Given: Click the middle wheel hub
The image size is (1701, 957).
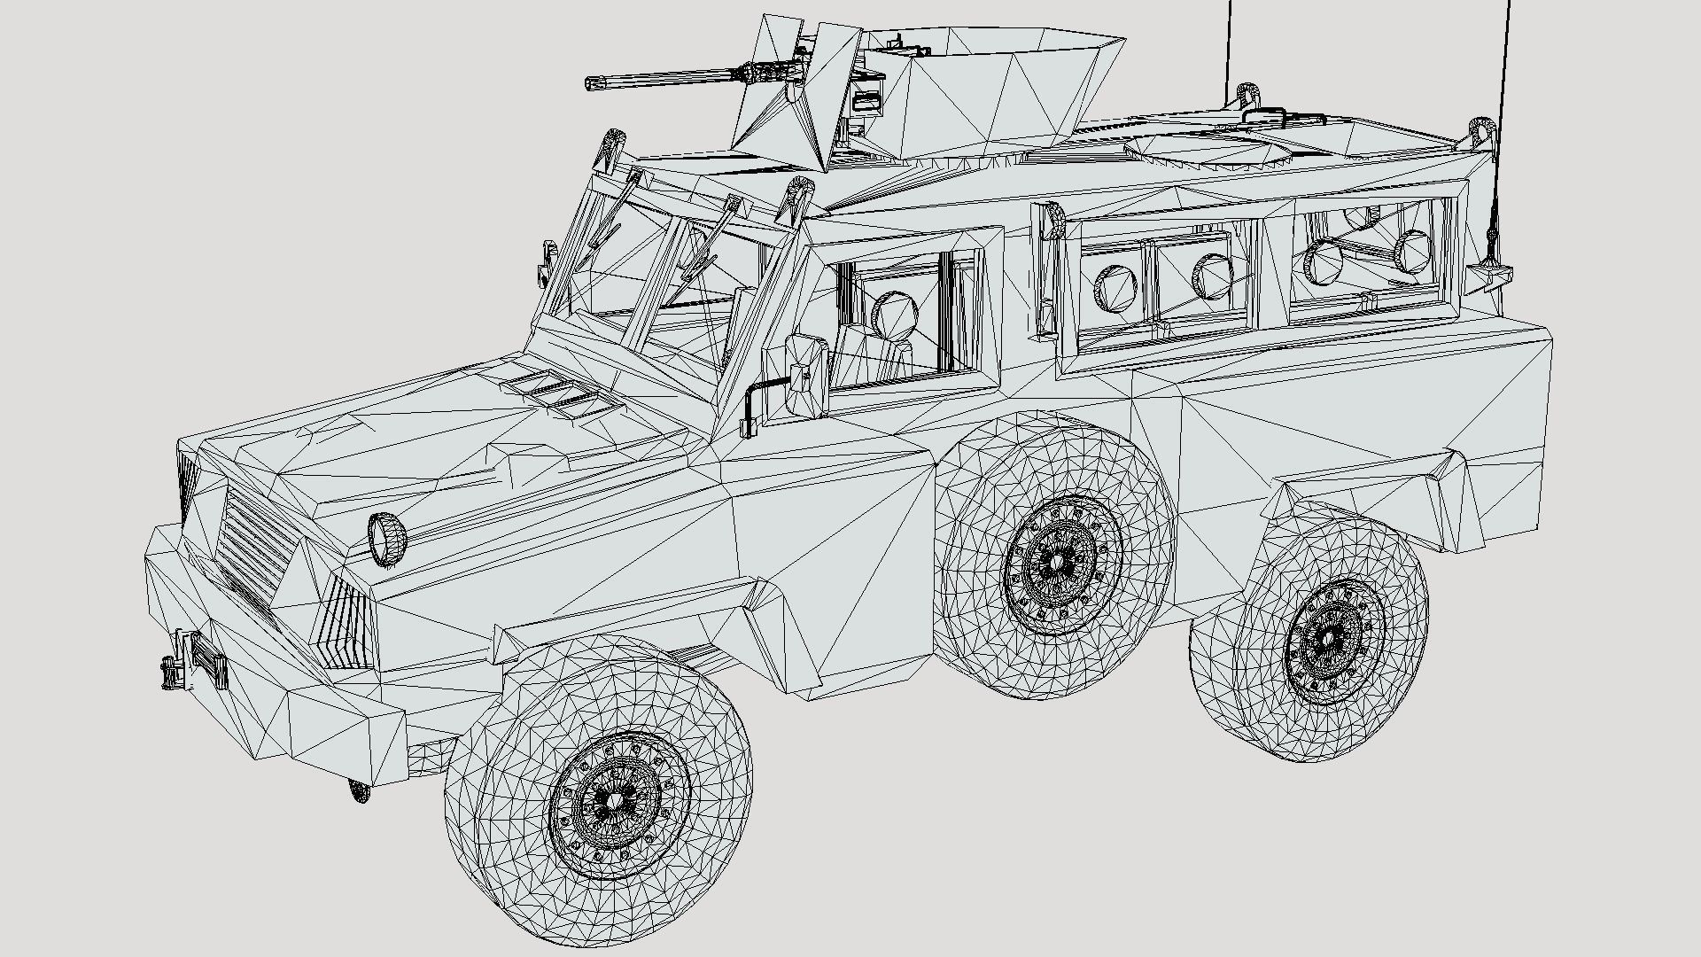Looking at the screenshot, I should [1057, 561].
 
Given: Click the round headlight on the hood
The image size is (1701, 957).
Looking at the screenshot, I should [387, 539].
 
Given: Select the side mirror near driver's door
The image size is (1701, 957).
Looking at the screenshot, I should [806, 376].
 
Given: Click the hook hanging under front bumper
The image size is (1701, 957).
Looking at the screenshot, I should [360, 791].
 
